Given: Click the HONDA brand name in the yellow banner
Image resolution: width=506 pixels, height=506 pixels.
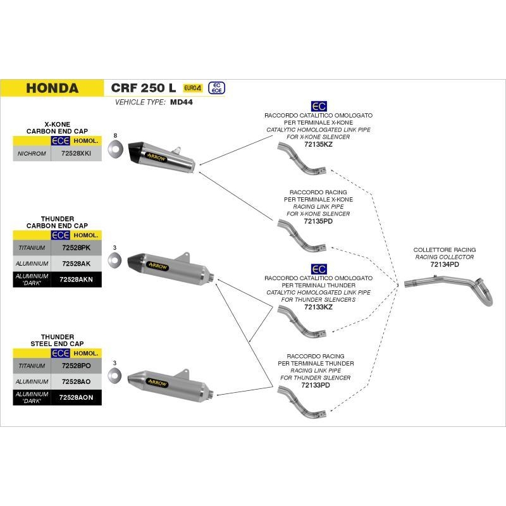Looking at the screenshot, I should pos(52,88).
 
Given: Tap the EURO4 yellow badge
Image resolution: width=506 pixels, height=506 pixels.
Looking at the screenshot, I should pos(193,88).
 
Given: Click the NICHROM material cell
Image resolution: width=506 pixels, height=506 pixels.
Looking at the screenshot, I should pos(32,154).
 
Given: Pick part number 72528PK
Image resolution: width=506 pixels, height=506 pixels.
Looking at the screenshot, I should pos(75,247).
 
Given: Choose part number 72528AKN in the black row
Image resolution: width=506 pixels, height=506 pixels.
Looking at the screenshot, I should pos(77,278).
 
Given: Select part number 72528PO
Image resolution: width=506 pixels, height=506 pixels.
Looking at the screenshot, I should pos(75,366).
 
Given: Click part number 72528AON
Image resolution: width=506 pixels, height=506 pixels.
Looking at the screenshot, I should pos(77,397).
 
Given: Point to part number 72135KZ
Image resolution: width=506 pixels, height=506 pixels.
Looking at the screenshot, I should pos(318,145).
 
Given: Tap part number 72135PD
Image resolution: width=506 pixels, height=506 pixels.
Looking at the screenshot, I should pos(318,222).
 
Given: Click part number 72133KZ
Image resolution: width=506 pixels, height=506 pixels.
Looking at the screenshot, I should pos(318,307).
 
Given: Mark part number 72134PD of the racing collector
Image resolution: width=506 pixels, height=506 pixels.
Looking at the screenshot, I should pos(444,265).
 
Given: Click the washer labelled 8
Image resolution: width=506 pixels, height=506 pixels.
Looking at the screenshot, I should pos(116,151).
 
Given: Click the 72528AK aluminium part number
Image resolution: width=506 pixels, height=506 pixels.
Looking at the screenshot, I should pos(75,263).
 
